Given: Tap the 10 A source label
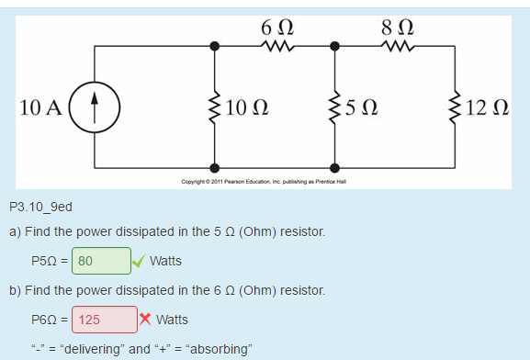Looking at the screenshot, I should [40, 107].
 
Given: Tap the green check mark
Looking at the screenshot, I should [138, 261].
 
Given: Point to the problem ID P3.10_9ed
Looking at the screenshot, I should [40, 208].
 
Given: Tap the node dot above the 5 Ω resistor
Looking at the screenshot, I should [334, 44].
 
